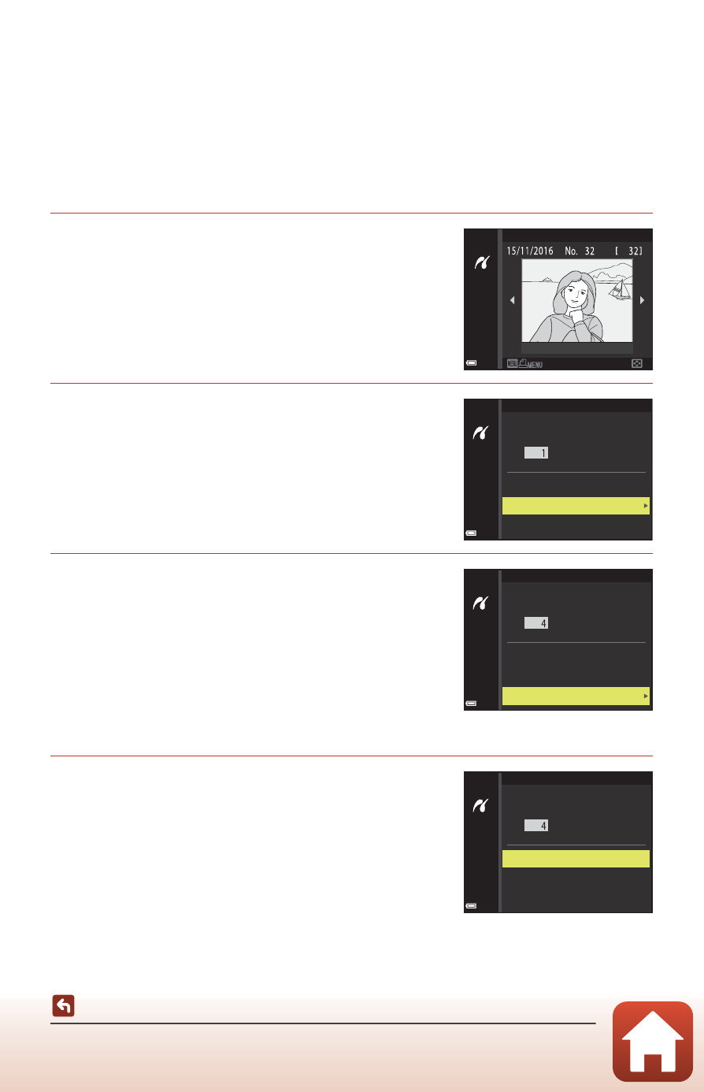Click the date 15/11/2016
(530, 251)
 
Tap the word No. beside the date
(571, 251)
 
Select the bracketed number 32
(629, 251)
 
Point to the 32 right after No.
(590, 251)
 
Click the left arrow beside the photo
(512, 300)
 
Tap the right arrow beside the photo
(642, 300)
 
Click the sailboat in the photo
(620, 290)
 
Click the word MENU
(535, 365)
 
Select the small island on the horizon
(547, 280)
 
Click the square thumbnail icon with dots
(637, 364)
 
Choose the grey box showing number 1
(536, 453)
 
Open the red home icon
(653, 1042)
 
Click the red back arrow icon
(63, 1005)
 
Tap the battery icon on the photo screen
(471, 362)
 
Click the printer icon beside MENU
(523, 362)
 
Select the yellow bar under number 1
(576, 506)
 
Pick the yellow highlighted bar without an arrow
(576, 859)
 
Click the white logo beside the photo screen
(482, 263)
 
